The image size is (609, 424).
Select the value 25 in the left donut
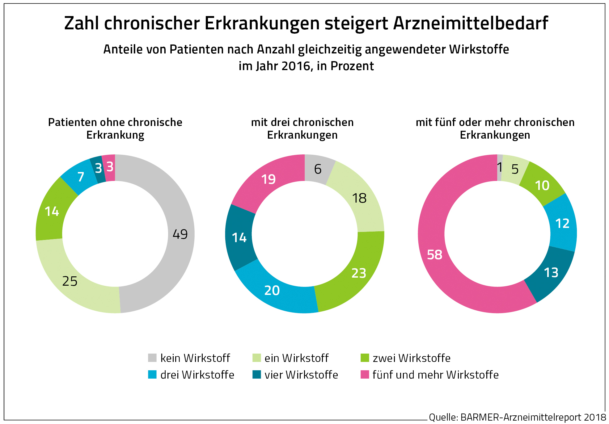tap(70, 281)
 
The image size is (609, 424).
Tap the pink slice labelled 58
tap(434, 255)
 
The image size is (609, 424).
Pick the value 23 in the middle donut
tap(359, 273)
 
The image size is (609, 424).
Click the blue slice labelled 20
tap(272, 291)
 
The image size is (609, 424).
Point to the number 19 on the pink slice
tap(268, 179)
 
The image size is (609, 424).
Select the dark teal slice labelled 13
tap(551, 273)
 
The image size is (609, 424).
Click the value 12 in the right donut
tap(562, 224)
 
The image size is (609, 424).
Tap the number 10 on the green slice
tap(542, 186)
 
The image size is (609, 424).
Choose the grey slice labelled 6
tap(318, 169)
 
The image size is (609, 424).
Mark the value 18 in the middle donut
tap(359, 198)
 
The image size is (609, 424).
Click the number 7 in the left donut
tap(81, 177)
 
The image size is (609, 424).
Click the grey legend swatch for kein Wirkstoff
tap(152, 358)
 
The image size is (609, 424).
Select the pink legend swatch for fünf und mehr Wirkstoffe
tap(365, 375)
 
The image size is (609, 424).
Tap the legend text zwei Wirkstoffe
tap(411, 358)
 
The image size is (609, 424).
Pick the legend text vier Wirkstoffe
tap(301, 375)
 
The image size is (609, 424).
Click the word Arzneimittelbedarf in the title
tap(471, 23)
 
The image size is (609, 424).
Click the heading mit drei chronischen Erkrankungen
tap(302, 129)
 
